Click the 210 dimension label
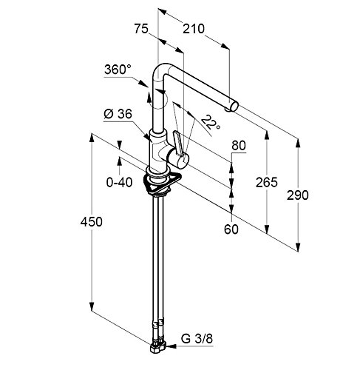[194, 29]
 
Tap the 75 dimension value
[141, 29]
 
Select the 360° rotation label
[118, 70]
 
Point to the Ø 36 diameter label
[118, 114]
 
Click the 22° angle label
[211, 122]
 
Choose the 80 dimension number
[239, 146]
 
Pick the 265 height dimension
[266, 182]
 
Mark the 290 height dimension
[297, 195]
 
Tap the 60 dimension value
[231, 229]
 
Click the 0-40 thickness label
[119, 183]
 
